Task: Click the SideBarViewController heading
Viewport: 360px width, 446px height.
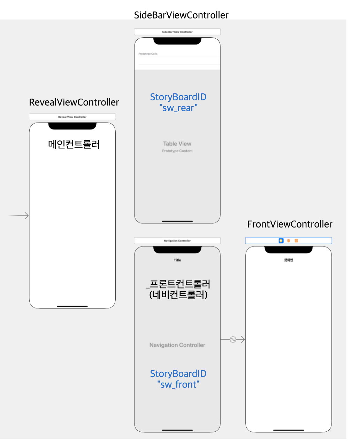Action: [181, 15]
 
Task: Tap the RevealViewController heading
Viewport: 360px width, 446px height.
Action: [74, 102]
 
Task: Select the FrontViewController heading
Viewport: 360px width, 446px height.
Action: [290, 224]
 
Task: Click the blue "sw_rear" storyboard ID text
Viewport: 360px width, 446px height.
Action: [178, 108]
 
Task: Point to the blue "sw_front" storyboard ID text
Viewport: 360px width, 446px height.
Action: [178, 385]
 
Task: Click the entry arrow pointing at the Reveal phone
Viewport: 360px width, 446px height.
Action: [19, 216]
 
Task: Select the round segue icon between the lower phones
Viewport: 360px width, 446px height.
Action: [233, 339]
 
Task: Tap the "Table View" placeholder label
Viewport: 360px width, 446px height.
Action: [177, 144]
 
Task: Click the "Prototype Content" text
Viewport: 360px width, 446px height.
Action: [177, 151]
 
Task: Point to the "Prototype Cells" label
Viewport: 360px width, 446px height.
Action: [148, 54]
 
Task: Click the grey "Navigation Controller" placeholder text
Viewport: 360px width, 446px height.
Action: [177, 345]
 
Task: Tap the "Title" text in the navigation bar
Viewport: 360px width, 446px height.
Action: [177, 260]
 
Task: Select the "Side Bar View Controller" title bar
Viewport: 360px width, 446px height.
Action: [177, 32]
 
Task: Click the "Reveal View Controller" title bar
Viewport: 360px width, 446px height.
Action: [72, 117]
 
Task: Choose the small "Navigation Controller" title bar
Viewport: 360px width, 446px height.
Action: [177, 240]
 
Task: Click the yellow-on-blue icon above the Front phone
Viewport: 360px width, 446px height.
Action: [281, 240]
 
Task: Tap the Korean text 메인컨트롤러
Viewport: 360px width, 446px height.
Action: [74, 144]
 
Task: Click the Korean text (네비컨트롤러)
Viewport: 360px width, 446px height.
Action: [178, 295]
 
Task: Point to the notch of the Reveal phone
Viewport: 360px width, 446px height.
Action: [72, 126]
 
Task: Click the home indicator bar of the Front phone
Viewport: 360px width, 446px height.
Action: [289, 430]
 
